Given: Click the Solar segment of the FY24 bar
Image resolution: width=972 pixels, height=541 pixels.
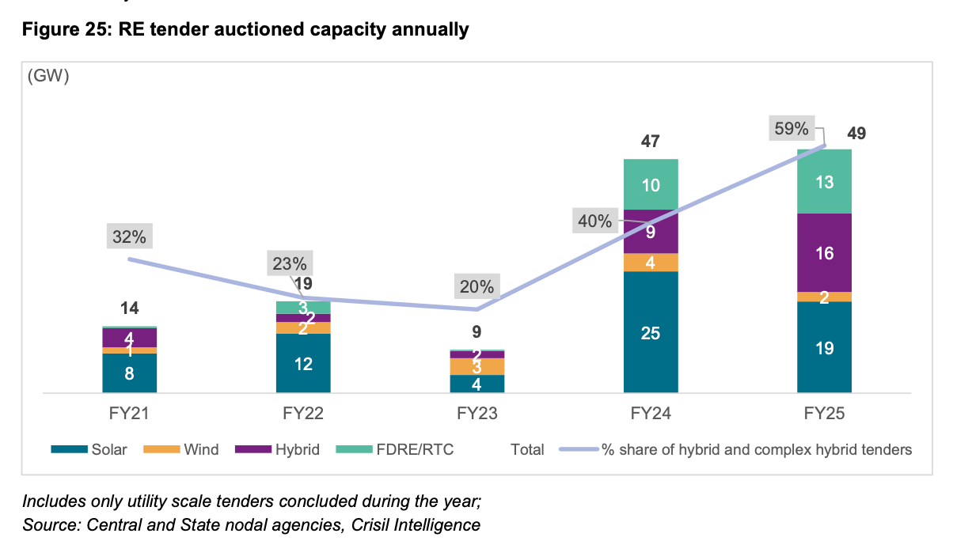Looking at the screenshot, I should click(651, 332).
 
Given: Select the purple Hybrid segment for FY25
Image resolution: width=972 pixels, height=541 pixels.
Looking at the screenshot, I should click(824, 252).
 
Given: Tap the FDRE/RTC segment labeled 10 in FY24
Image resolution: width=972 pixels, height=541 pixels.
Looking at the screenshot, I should click(651, 184).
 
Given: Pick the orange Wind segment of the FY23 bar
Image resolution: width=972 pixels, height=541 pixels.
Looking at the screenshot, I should click(477, 366).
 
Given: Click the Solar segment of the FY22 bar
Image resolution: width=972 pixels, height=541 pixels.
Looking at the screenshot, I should click(303, 363).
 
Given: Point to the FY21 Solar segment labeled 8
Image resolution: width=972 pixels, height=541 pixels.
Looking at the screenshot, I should click(129, 373).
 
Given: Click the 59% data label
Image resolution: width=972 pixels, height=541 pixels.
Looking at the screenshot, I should click(791, 128).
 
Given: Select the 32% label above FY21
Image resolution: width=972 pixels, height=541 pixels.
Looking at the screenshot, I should click(129, 236).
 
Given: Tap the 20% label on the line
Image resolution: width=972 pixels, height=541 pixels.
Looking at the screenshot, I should click(475, 286).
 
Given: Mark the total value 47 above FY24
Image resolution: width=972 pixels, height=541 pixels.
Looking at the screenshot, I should click(651, 142).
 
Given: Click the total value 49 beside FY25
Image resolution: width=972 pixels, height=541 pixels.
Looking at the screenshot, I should click(856, 134).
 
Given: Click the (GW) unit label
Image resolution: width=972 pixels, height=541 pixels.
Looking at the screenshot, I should click(48, 77).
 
